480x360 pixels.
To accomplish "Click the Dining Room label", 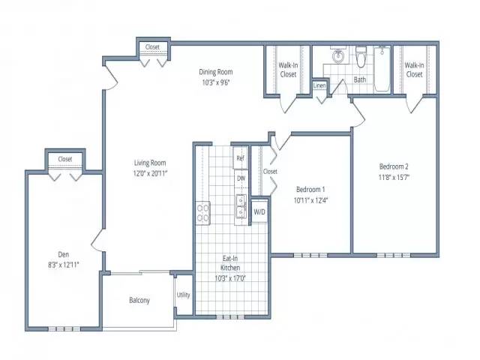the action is tap(216, 72).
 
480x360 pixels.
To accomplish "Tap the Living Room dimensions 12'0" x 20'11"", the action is tap(150, 173).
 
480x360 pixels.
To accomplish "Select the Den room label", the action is tap(63, 254).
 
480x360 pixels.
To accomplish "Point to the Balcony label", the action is tap(139, 300).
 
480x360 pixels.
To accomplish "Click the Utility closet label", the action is tap(183, 295).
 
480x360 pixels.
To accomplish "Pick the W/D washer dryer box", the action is tap(259, 211).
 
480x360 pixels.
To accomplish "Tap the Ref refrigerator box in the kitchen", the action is tap(240, 158).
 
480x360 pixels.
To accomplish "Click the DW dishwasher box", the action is tap(241, 178).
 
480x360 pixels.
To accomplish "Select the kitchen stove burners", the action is tap(202, 213).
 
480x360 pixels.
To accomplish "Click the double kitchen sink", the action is tap(241, 206).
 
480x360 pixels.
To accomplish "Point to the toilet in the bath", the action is tap(361, 57).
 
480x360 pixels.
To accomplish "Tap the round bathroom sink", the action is tap(338, 55).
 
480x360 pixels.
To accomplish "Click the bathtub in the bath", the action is tap(382, 69).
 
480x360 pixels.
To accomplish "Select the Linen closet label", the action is tap(319, 85).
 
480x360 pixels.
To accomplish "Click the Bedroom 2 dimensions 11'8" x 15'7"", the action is tap(394, 177).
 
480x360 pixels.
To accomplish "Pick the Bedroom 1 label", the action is tap(310, 190).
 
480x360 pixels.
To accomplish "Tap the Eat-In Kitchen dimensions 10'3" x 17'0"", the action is tap(230, 278).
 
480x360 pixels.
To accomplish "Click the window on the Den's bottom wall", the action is tap(64, 329).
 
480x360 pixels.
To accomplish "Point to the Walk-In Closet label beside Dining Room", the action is tap(288, 70).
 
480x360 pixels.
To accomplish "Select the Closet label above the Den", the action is tap(65, 159).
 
